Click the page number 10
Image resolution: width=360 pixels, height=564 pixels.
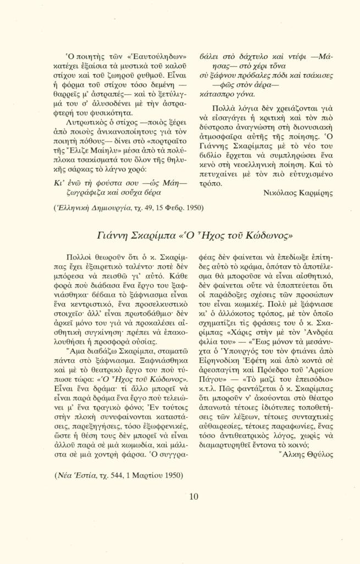(193, 497)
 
